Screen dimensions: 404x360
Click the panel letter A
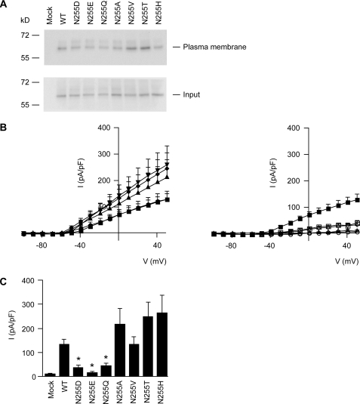pos(5,5)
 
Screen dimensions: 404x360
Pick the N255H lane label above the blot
pos(160,15)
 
